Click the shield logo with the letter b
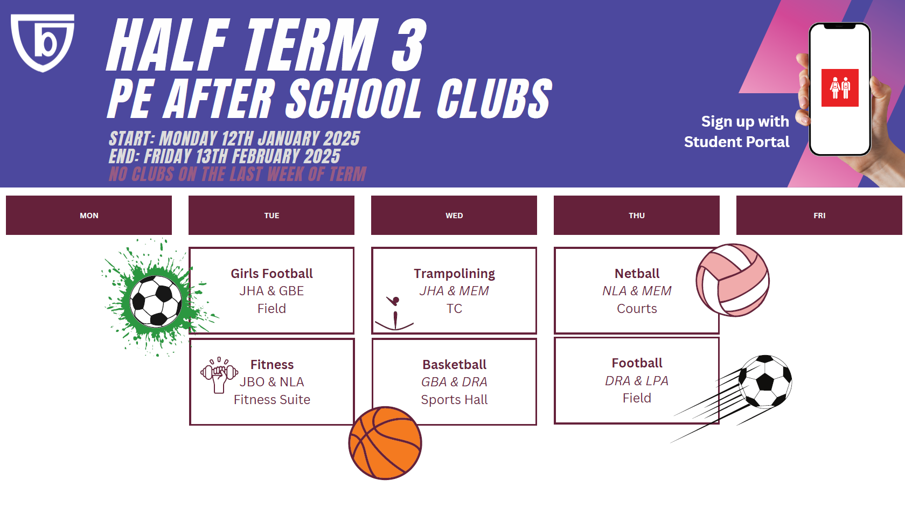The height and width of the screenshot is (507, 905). (43, 43)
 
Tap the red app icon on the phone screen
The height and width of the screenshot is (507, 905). (839, 88)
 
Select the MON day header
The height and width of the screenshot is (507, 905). (89, 216)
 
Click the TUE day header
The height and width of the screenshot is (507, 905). (271, 216)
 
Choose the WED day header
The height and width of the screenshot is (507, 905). (454, 216)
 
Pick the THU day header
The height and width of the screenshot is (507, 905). (637, 216)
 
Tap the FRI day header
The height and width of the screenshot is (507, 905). (819, 216)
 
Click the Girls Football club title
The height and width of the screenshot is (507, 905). (271, 274)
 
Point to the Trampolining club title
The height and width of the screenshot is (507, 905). (454, 274)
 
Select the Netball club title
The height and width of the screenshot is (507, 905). (637, 274)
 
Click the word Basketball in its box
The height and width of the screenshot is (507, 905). (454, 364)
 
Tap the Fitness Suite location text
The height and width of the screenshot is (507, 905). (272, 400)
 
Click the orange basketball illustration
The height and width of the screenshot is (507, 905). (385, 443)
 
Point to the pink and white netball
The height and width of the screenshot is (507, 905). (733, 280)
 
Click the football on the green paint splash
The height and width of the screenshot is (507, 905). (156, 301)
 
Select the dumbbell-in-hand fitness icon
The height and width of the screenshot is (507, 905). (219, 375)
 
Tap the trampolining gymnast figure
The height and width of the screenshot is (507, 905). (395, 314)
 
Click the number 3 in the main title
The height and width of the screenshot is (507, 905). (408, 44)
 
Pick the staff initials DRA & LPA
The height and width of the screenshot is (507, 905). (637, 380)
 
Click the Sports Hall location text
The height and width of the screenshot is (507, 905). (454, 400)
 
